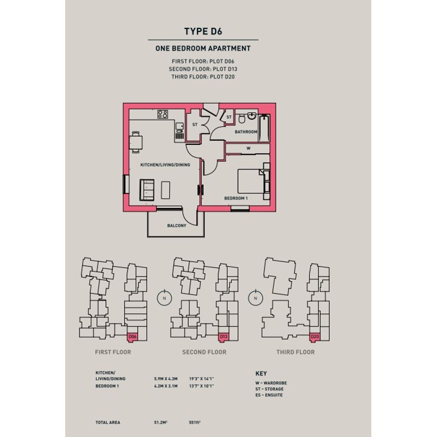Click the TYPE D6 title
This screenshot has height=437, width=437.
(203, 31)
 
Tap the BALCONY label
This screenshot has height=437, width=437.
(177, 226)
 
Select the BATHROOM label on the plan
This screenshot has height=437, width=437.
(246, 132)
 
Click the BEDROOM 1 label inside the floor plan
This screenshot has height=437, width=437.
(236, 198)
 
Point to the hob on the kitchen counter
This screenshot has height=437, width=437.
(163, 114)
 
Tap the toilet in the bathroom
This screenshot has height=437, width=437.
(242, 118)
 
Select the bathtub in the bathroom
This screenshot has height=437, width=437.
(264, 128)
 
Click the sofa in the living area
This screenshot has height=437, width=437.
(147, 190)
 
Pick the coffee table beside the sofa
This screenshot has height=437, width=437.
(166, 190)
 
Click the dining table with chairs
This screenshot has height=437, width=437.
(136, 142)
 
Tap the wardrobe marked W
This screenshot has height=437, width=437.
(247, 148)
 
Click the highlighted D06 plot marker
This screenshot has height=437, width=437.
(132, 337)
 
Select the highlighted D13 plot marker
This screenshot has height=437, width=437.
(223, 337)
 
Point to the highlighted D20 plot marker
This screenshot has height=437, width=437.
(314, 337)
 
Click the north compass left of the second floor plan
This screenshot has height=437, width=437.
(165, 298)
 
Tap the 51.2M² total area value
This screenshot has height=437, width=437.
(160, 422)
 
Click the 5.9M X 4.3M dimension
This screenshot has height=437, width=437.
(166, 379)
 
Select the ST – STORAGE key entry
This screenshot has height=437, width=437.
(269, 389)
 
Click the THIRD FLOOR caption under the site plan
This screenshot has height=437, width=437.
(295, 352)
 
